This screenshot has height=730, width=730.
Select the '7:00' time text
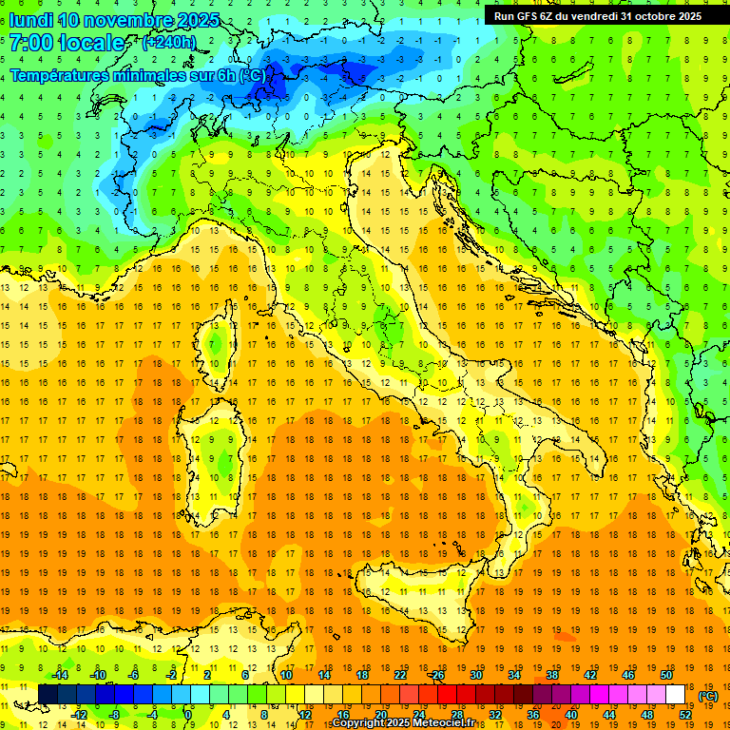click(x=29, y=43)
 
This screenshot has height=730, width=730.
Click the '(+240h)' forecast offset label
click(x=168, y=43)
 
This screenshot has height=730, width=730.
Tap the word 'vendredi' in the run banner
click(x=595, y=16)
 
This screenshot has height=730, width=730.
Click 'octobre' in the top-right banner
click(x=655, y=16)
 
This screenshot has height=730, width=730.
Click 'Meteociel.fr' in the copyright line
click(x=452, y=723)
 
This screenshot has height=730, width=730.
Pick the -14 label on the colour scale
click(x=61, y=675)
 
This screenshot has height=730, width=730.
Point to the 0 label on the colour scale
click(x=188, y=715)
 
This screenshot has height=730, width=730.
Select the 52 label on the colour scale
click(x=685, y=715)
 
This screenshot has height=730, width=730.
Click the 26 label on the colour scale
click(x=438, y=675)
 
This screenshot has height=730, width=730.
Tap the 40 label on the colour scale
click(x=571, y=715)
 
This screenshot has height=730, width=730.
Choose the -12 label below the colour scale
click(x=80, y=715)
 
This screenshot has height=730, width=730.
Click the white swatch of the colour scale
click(x=676, y=695)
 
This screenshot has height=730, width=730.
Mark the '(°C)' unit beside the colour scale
click(x=708, y=696)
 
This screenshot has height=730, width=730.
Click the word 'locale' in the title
click(x=91, y=43)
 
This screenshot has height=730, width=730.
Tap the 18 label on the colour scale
click(x=362, y=675)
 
